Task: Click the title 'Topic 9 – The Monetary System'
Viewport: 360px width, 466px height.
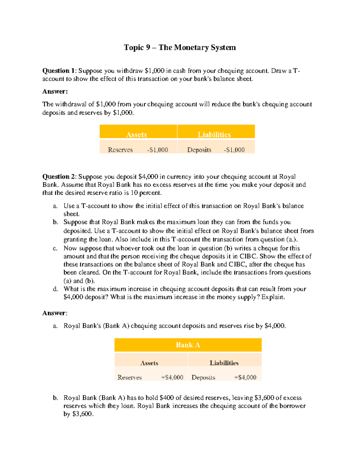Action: tap(180, 47)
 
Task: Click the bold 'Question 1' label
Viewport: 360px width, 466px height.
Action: tap(59, 71)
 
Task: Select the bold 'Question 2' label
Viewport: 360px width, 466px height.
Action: tap(59, 176)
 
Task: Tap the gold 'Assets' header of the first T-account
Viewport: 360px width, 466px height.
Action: tap(136, 134)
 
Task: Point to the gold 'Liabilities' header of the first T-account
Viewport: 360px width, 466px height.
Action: tap(214, 134)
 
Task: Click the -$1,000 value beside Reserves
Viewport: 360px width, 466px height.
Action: tap(157, 150)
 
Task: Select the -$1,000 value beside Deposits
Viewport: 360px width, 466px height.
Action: tap(234, 150)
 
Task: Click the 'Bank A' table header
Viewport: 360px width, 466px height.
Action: tap(188, 345)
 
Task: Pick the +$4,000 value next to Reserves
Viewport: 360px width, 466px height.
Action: tap(172, 377)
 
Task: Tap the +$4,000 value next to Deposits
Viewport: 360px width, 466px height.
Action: tap(245, 377)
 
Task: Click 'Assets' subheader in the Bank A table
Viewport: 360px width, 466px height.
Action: tap(149, 363)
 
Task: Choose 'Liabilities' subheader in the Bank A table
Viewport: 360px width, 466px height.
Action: tap(224, 363)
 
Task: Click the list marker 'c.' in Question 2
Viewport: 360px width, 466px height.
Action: tap(55, 248)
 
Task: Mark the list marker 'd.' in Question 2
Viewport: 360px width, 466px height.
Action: tap(55, 289)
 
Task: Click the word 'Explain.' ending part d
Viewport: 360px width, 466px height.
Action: tap(273, 297)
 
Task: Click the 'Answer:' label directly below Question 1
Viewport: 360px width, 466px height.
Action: tap(55, 92)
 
